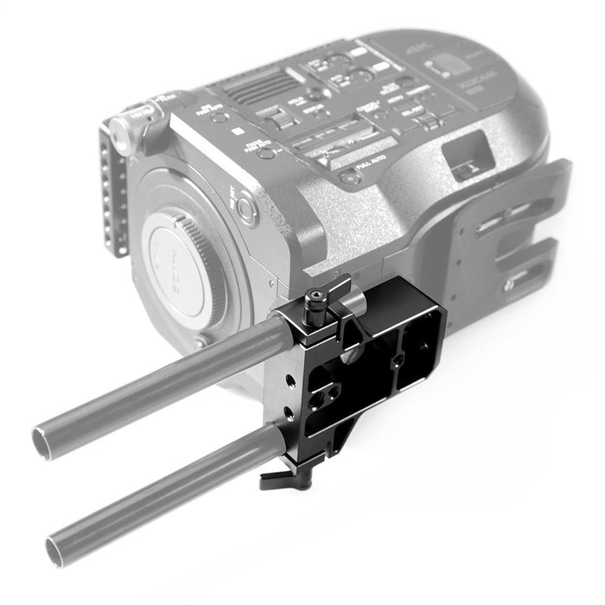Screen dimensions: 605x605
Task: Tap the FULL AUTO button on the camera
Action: point(348,178)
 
